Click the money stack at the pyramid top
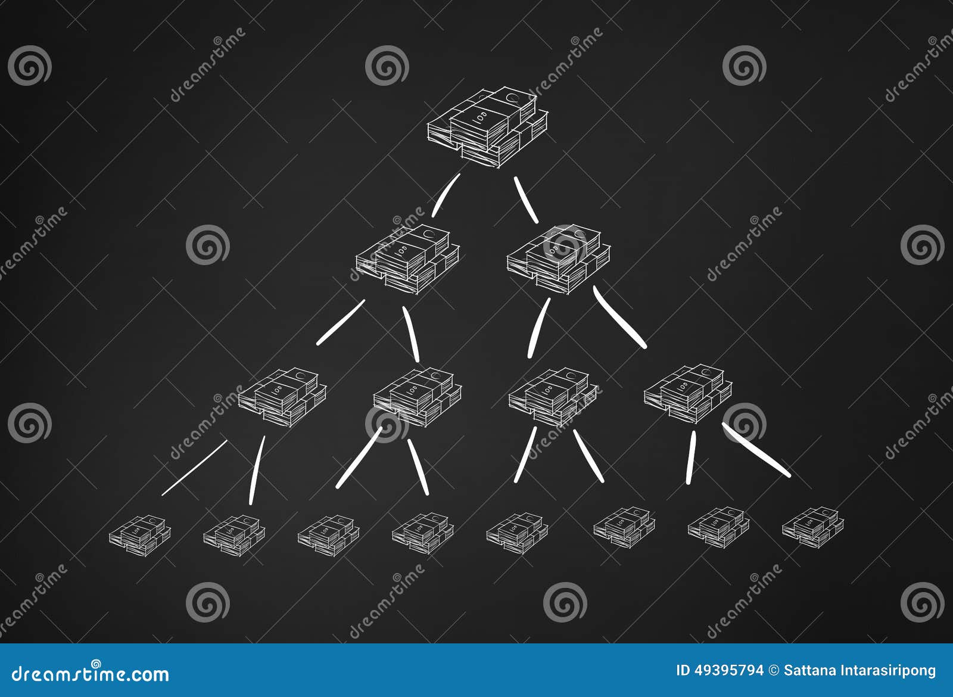coord(487,127)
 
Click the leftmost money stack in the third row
coord(282,397)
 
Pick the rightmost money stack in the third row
coord(688,393)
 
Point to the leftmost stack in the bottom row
coord(139,535)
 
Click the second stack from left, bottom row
coord(233,535)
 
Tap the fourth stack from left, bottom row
coord(422,533)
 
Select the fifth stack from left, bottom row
coord(516,533)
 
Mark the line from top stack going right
coord(526,200)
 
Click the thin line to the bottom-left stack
coord(194,468)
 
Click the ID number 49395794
coord(720,670)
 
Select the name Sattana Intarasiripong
coord(859,670)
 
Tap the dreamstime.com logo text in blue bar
coord(91,674)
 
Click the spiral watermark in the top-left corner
coord(30,66)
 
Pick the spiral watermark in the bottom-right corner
coord(922,602)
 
